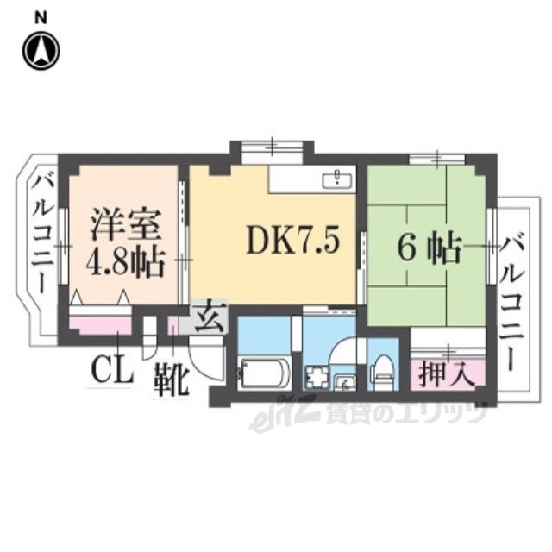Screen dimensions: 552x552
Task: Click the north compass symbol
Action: tap(41, 51)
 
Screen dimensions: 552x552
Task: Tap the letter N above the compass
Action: tap(41, 17)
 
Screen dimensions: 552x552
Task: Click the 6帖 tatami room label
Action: tap(425, 248)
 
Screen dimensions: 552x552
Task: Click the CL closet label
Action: tap(112, 373)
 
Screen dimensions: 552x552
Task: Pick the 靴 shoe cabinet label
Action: tap(172, 379)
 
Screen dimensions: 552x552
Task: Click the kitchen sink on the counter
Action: tap(335, 180)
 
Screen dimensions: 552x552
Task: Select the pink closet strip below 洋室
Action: tap(100, 325)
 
